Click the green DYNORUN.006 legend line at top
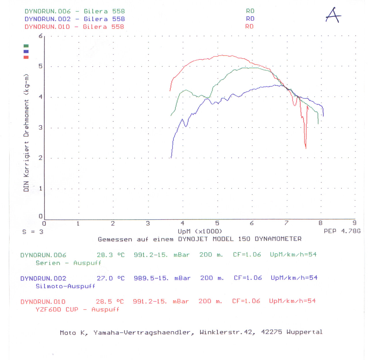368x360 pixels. click(74, 11)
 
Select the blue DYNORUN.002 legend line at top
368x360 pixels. click(74, 19)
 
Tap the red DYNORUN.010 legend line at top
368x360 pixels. click(74, 27)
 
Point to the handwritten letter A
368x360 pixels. click(333, 15)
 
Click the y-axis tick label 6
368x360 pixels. click(41, 36)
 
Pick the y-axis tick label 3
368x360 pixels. click(41, 127)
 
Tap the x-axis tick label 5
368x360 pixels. click(217, 223)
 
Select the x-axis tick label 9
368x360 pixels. click(354, 223)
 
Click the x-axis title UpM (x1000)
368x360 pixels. click(200, 231)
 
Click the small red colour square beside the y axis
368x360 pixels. click(26, 57)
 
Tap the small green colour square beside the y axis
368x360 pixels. click(26, 46)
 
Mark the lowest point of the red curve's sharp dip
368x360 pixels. click(306, 148)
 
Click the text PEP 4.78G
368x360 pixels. click(342, 231)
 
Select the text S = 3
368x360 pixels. click(33, 232)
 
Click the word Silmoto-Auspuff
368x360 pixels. click(65, 286)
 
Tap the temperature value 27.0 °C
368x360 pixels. click(111, 278)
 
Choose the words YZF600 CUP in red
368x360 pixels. click(57, 310)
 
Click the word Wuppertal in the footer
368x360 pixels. click(304, 332)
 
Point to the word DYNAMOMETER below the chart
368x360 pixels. click(278, 239)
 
